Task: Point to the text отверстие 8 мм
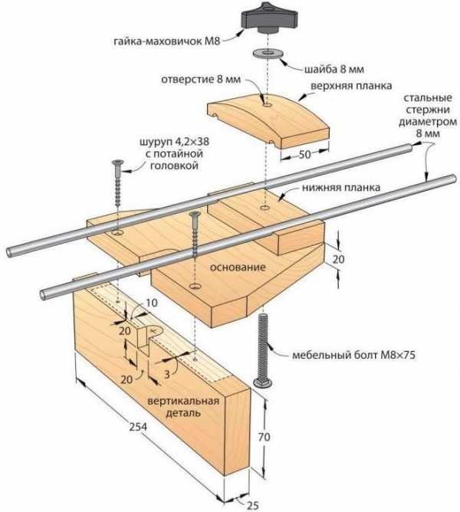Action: pyautogui.click(x=201, y=79)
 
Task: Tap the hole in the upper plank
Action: pyautogui.click(x=265, y=100)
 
